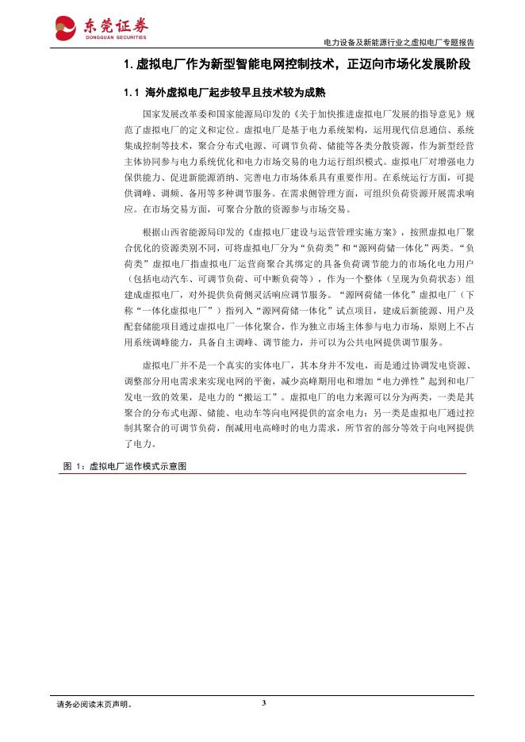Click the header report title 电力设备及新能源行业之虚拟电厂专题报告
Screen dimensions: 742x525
point(400,43)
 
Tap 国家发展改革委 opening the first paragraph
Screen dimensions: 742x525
point(170,114)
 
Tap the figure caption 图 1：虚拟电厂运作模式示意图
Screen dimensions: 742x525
point(125,467)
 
